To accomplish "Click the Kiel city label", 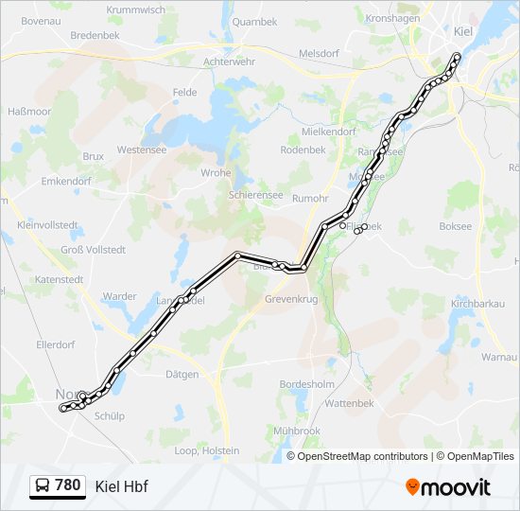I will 463,31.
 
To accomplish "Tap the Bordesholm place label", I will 307,384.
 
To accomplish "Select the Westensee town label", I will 142,150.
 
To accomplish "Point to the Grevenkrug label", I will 291,298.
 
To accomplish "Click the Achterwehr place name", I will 231,62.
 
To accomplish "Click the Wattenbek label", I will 350,403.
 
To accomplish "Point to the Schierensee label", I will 255,195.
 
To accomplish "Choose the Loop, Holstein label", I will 208,450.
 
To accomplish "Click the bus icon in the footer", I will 43,486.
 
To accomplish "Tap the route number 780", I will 68,485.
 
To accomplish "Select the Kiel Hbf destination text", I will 122,486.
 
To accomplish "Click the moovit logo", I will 448,486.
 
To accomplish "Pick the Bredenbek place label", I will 95,35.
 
